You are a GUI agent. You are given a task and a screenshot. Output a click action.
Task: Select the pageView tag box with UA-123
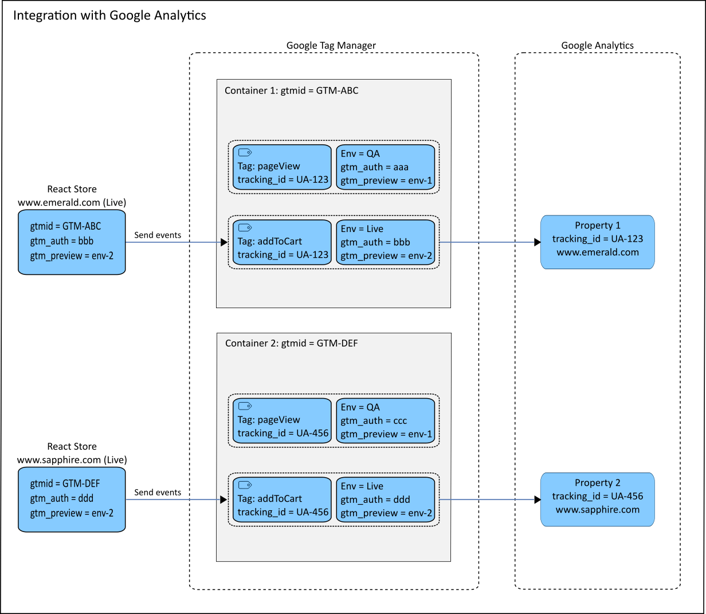click(282, 167)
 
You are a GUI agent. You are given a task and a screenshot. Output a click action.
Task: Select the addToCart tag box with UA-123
click(282, 242)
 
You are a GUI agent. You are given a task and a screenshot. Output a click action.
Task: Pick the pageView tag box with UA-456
click(282, 420)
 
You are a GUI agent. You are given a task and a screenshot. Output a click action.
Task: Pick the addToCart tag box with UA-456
click(282, 499)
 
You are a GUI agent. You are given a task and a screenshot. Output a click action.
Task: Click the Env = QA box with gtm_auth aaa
click(385, 167)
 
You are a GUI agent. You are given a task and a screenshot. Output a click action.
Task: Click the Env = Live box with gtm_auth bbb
click(385, 242)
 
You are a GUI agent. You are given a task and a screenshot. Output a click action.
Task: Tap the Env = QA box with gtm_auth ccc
click(385, 420)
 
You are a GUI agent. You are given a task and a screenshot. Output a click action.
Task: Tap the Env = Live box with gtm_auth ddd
click(385, 499)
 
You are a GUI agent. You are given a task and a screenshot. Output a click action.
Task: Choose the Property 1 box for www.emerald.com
click(597, 242)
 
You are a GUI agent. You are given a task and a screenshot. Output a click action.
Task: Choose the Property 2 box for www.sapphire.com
click(597, 499)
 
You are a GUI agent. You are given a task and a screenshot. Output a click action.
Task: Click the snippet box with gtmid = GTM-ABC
click(72, 242)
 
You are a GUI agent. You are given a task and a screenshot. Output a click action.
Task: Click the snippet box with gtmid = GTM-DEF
click(72, 499)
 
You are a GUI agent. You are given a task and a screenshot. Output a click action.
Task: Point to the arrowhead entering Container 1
click(224, 242)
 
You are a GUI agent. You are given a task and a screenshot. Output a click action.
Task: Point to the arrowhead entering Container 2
click(224, 499)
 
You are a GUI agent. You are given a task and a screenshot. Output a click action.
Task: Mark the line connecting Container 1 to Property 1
click(487, 242)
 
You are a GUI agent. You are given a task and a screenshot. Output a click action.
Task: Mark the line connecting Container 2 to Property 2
click(487, 499)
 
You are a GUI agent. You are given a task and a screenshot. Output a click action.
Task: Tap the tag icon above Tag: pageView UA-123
click(245, 152)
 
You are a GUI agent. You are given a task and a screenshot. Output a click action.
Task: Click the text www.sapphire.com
click(597, 510)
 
